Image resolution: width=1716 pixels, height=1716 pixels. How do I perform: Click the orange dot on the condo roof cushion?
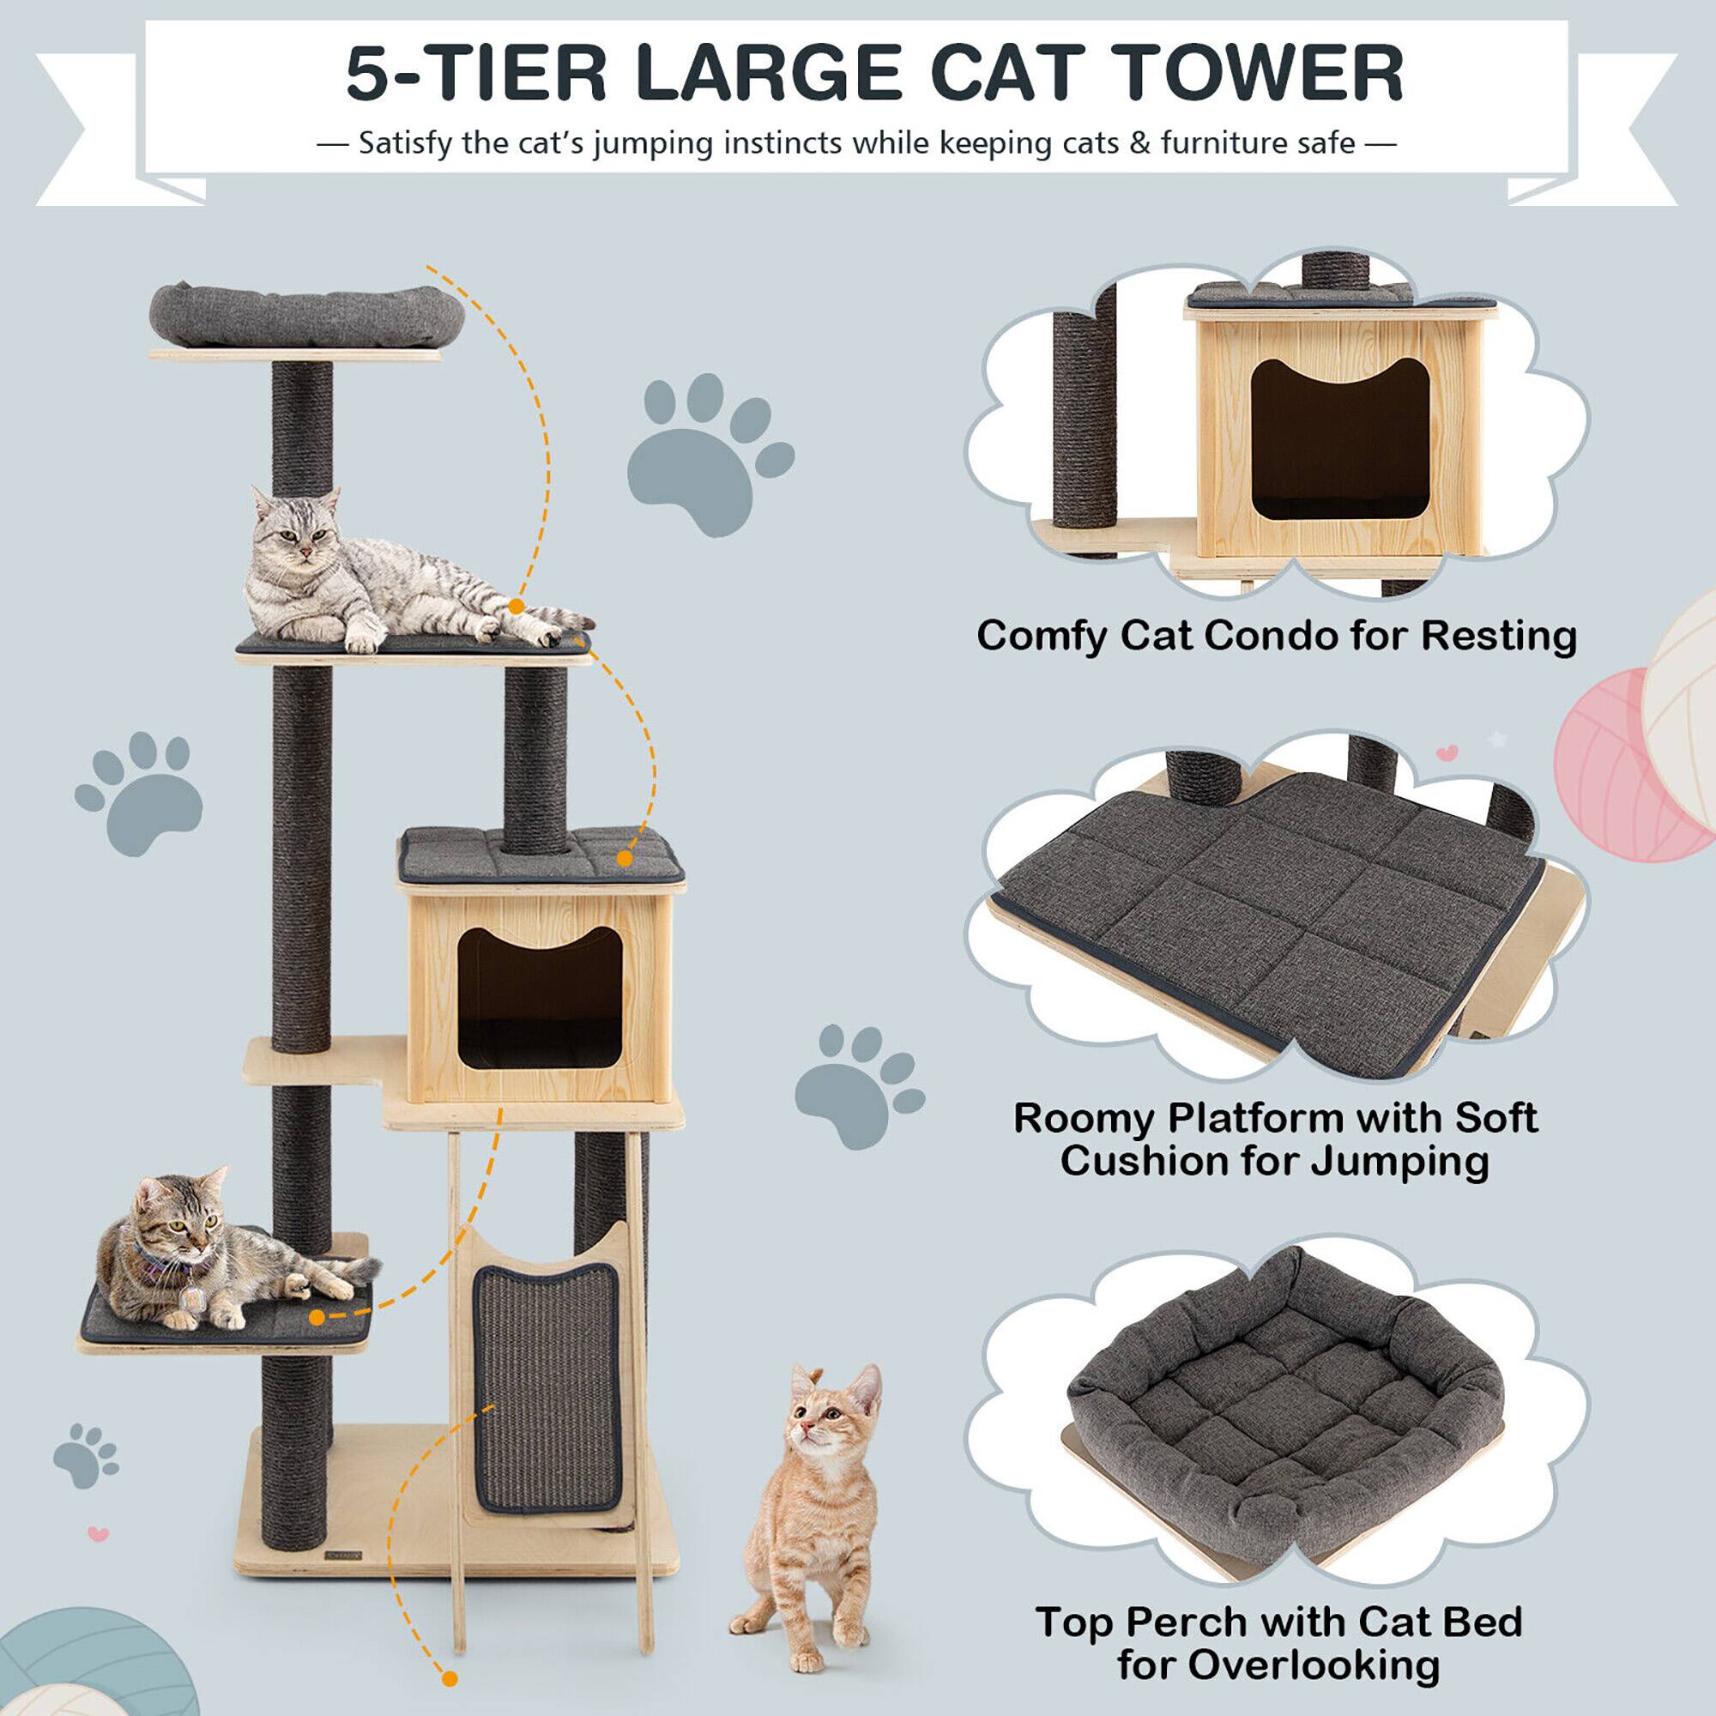point(625,859)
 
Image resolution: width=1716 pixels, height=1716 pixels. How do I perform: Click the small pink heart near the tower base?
point(99,1533)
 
